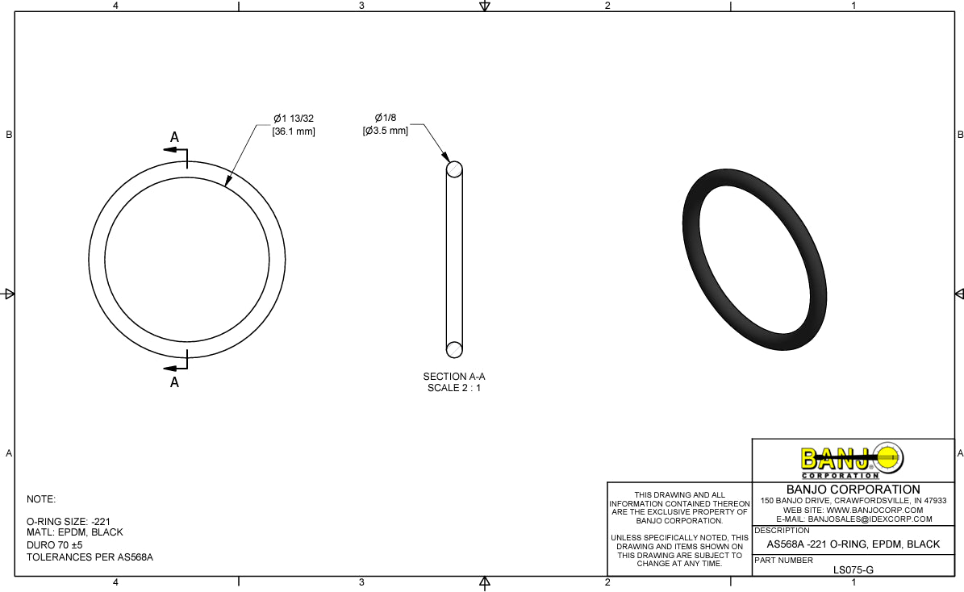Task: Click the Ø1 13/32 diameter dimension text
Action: click(294, 119)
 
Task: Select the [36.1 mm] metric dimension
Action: click(294, 131)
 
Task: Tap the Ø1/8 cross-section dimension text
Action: click(386, 119)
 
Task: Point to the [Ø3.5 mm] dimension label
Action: click(385, 130)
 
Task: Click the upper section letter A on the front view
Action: click(174, 138)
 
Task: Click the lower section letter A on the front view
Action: click(174, 383)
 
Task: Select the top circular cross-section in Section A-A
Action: click(454, 169)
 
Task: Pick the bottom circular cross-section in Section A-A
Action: click(454, 349)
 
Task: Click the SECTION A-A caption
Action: click(454, 377)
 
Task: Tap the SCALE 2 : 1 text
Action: click(454, 388)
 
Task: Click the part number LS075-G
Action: click(853, 569)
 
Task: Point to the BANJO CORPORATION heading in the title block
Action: click(853, 490)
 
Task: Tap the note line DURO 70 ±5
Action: click(55, 545)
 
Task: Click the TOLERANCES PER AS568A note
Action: click(90, 557)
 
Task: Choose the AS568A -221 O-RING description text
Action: click(853, 544)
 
